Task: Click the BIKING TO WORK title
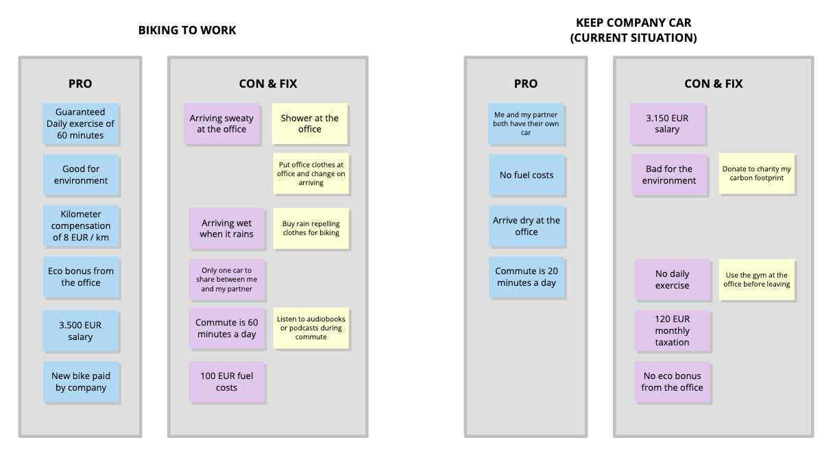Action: (x=187, y=30)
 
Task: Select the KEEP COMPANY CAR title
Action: (x=633, y=31)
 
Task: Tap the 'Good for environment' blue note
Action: (x=81, y=175)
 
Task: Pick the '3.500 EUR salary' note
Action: (x=80, y=331)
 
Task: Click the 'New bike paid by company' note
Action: (x=81, y=382)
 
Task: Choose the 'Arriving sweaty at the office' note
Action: (x=221, y=123)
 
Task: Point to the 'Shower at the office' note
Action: (x=310, y=123)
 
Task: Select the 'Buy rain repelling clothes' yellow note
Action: (x=311, y=228)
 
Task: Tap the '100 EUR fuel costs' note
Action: (x=227, y=382)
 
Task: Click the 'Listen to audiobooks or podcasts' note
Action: (x=311, y=328)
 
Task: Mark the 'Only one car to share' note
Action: (x=227, y=280)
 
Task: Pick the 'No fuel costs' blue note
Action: (x=527, y=175)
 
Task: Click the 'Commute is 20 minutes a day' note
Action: (x=527, y=277)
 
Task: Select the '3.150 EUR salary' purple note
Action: (x=667, y=123)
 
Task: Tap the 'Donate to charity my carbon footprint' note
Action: (x=757, y=173)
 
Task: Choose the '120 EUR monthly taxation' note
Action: (x=672, y=330)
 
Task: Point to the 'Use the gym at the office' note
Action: (x=757, y=280)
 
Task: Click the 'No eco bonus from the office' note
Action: (x=672, y=382)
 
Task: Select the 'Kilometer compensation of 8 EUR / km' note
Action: (x=81, y=226)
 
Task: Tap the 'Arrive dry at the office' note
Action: (x=527, y=226)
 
